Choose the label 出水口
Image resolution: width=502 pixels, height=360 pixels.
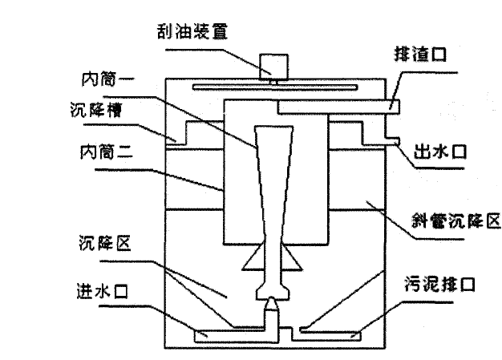[x=432, y=152]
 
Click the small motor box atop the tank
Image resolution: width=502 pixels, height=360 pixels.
[x=275, y=65]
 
